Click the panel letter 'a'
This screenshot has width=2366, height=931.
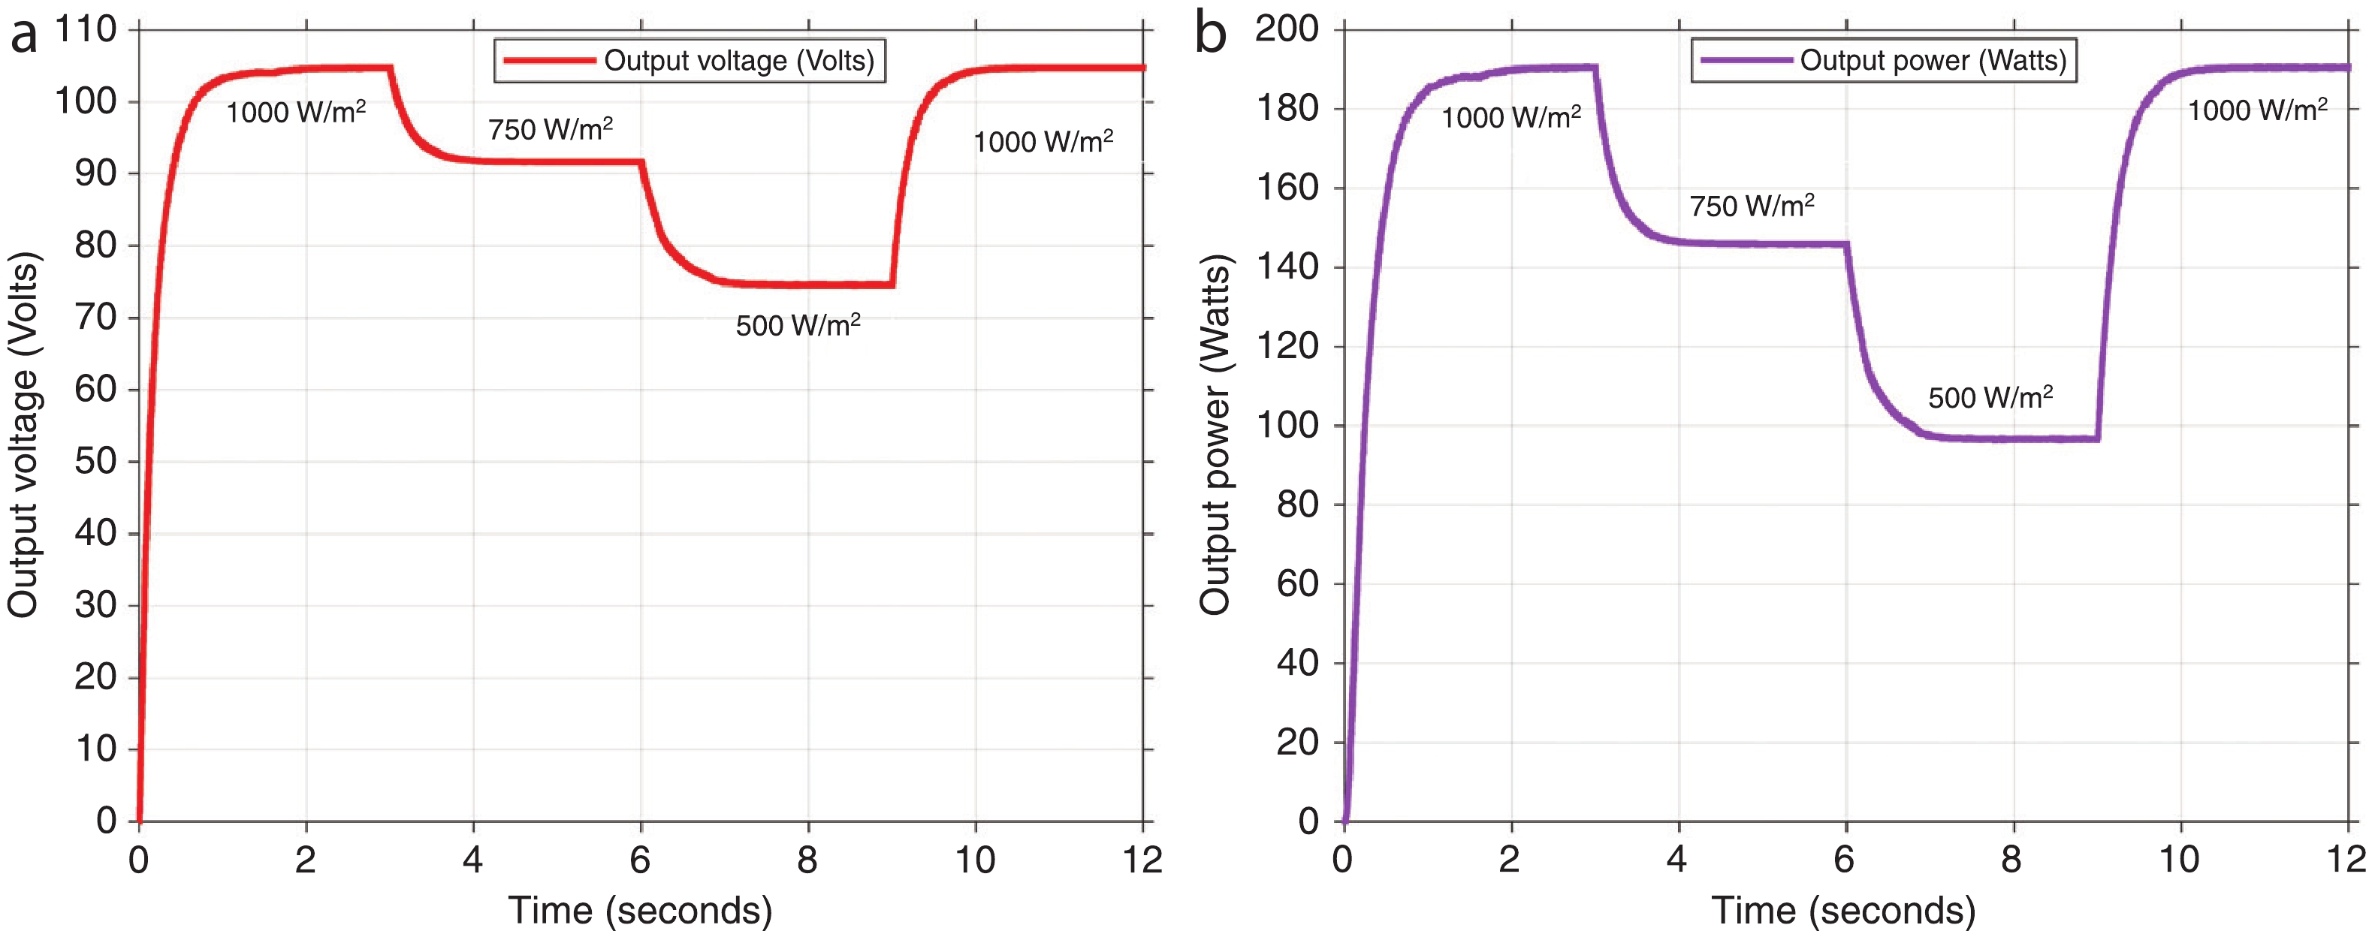click(24, 37)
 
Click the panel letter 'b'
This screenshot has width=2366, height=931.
click(1211, 35)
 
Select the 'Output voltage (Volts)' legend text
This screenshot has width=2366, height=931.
click(738, 61)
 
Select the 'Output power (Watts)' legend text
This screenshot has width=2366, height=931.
click(1933, 61)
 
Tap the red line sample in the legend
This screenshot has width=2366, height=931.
click(549, 61)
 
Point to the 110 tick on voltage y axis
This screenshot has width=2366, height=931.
click(86, 29)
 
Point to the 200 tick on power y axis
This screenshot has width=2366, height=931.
click(1287, 29)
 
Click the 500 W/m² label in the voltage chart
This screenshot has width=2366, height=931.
click(797, 325)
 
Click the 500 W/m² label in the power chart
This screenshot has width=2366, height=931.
click(1990, 398)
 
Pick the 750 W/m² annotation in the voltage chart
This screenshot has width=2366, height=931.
click(550, 129)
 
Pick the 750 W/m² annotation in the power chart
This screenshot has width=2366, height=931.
click(1752, 206)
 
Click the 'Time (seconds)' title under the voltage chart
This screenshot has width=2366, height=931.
click(640, 910)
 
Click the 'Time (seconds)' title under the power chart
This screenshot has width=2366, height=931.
click(1842, 910)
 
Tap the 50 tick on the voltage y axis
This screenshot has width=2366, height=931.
click(95, 461)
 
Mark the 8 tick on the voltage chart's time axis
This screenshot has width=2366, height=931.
click(807, 860)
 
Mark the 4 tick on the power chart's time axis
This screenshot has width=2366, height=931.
click(1677, 860)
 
